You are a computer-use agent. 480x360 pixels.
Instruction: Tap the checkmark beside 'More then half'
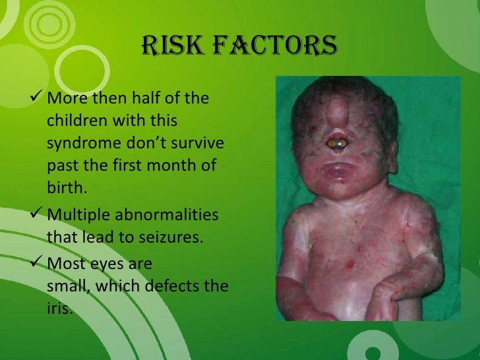pos(38,100)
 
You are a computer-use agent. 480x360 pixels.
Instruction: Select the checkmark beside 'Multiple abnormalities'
pos(38,215)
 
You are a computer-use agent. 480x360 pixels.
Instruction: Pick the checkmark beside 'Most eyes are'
pos(38,264)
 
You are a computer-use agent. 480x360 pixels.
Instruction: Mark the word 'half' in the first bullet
pos(154,99)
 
